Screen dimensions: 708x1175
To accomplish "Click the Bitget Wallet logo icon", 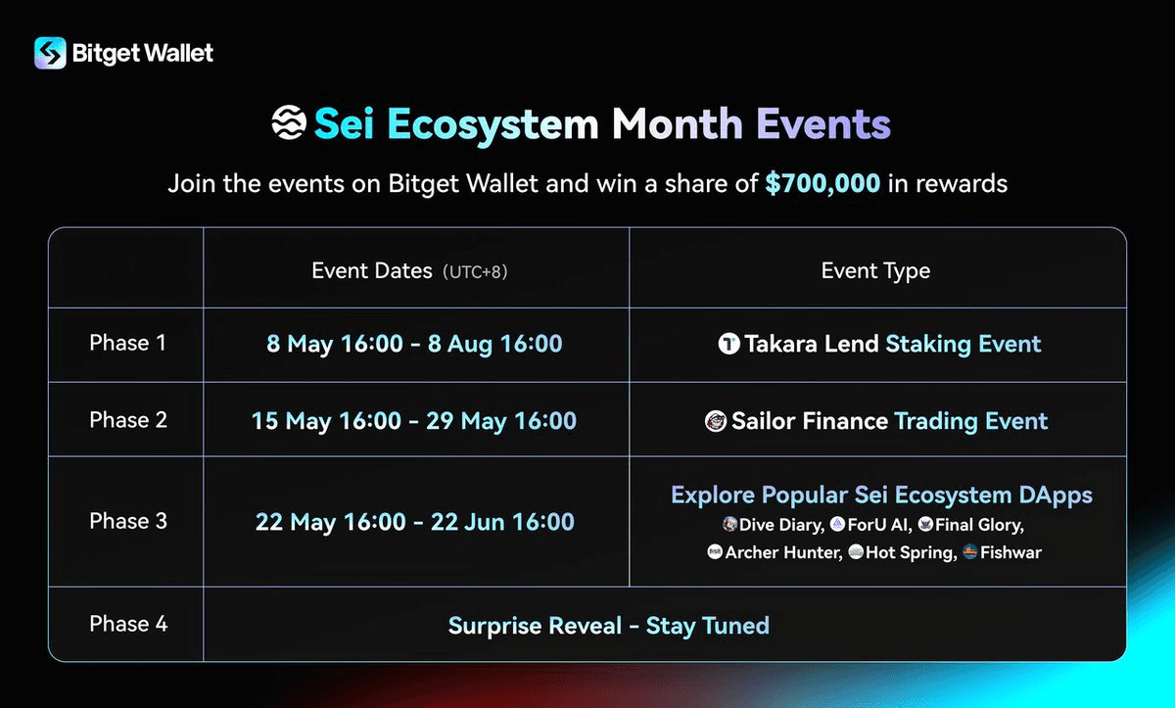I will (50, 53).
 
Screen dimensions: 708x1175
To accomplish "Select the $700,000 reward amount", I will (822, 183).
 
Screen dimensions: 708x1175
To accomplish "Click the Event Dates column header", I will (372, 270).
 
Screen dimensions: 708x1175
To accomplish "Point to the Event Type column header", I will (875, 270).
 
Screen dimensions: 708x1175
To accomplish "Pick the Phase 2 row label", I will (128, 419).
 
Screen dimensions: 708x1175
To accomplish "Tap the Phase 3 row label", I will (128, 521).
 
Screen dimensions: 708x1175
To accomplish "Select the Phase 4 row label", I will (128, 624).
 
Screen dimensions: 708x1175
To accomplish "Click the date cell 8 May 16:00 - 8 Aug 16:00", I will (414, 344).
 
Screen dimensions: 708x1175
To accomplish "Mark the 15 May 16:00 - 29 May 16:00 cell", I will (414, 420).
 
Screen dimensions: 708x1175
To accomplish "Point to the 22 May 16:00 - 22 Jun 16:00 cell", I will (414, 522).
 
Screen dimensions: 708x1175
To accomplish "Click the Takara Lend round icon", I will (728, 344).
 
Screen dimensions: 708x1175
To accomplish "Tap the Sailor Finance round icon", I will (716, 421).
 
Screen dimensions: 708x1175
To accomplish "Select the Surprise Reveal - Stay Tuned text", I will (609, 625).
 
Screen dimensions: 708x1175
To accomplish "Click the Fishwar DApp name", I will (1011, 552).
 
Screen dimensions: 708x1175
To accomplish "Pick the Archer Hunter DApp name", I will (782, 552).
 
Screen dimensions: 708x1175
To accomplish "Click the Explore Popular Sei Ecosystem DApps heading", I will (881, 495).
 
